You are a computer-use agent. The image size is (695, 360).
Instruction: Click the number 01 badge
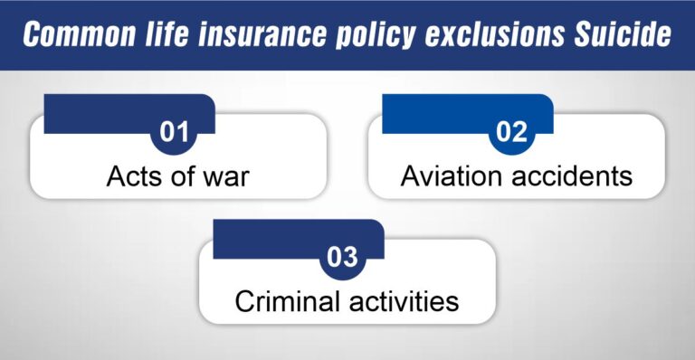pyautogui.click(x=174, y=133)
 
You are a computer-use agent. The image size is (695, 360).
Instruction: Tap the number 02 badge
pyautogui.click(x=512, y=133)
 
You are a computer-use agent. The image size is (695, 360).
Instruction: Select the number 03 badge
pyautogui.click(x=343, y=259)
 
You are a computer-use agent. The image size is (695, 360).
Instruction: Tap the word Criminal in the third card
pyautogui.click(x=279, y=301)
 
